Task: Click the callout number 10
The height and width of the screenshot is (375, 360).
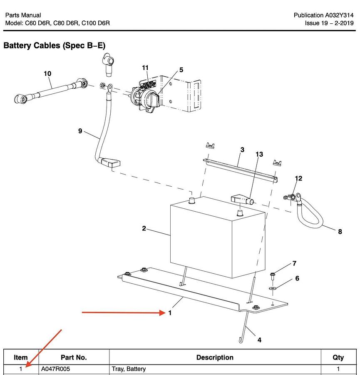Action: [47, 74]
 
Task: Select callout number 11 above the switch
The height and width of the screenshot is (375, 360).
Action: [145, 68]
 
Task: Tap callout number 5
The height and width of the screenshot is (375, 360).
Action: [181, 70]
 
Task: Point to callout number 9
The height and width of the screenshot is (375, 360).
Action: [80, 131]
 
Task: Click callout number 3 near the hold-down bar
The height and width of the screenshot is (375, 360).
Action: [242, 150]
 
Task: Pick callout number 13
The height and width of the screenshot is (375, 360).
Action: [259, 155]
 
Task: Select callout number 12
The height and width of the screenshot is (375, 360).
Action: [298, 178]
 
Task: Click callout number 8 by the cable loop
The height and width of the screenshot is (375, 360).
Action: [340, 232]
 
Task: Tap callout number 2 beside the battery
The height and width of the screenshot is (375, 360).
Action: [144, 228]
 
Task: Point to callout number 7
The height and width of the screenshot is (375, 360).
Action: [294, 263]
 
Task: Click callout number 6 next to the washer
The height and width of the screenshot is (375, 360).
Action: [297, 278]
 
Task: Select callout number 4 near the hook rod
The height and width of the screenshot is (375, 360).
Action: [259, 340]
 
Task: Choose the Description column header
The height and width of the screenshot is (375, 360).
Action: [215, 357]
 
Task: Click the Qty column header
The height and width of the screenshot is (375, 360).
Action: [338, 357]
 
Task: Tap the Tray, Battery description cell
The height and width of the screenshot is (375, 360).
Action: [129, 369]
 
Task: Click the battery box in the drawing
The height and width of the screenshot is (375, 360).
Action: [216, 242]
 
